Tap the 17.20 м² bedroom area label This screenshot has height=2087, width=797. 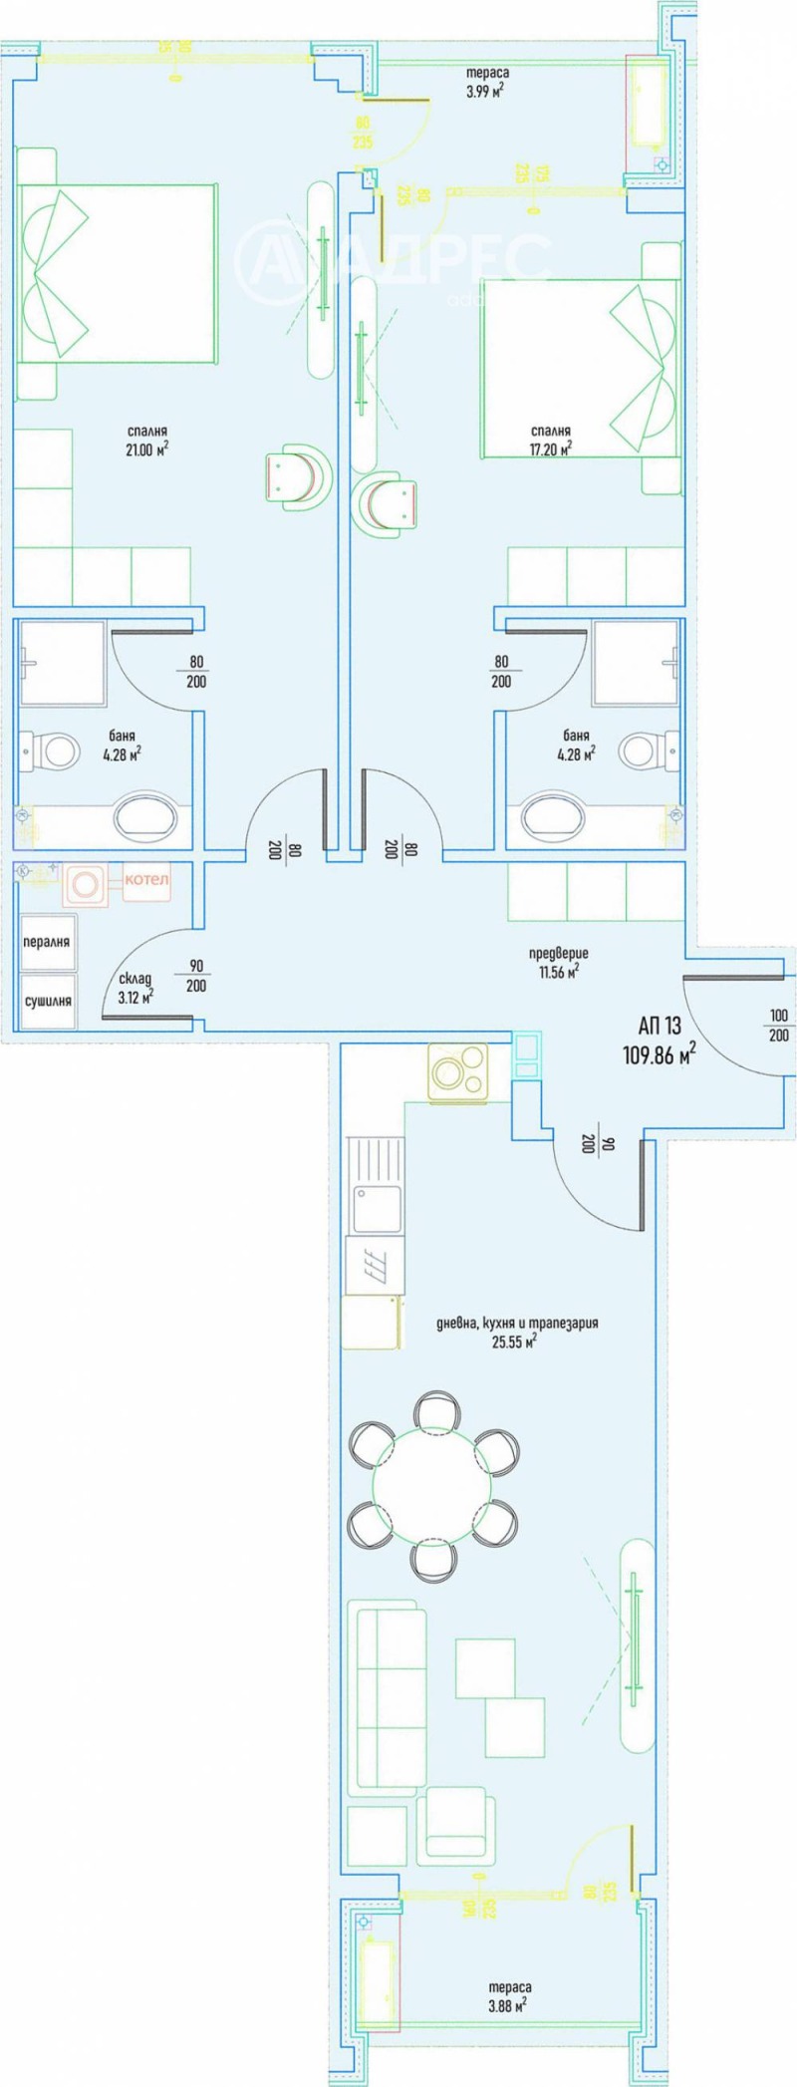(550, 440)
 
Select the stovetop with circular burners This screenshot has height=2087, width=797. (457, 1072)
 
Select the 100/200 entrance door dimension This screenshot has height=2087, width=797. (778, 1026)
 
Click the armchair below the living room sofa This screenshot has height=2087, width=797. (456, 1820)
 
